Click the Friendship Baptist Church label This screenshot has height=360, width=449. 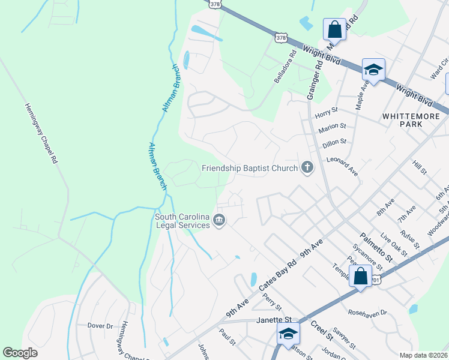point(250,168)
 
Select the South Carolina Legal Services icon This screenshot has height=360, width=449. point(219,221)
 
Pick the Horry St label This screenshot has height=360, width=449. point(327,110)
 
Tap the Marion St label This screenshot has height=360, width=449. point(333,127)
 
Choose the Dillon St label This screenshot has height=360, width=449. point(334,142)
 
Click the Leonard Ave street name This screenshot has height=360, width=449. point(342,166)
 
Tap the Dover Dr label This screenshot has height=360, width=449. point(100,326)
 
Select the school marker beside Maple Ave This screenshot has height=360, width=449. point(373,71)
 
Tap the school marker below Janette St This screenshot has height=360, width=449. point(288,334)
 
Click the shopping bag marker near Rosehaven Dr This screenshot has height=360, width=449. point(360,277)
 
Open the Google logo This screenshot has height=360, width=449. point(20,353)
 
